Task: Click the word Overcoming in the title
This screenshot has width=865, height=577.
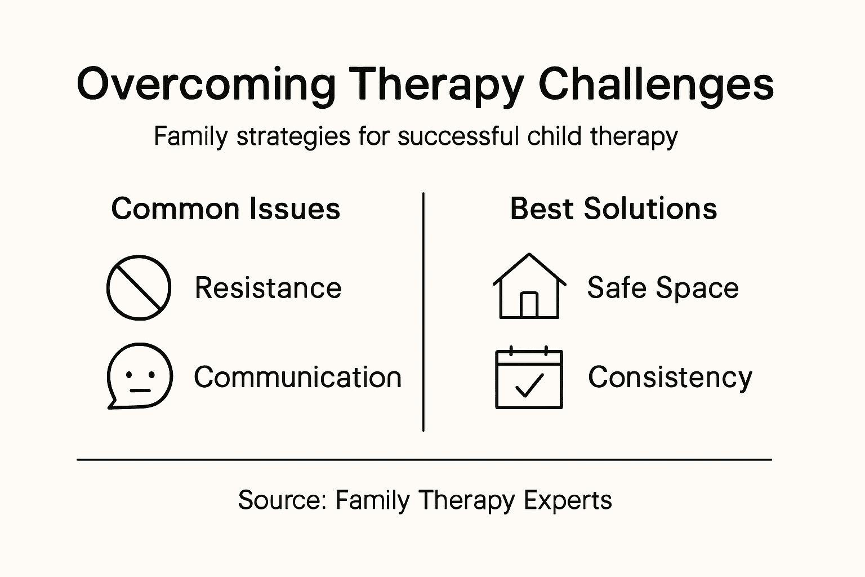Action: tap(206, 85)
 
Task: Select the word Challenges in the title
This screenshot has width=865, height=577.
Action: tap(656, 85)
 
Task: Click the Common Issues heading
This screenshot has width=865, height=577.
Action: tap(225, 209)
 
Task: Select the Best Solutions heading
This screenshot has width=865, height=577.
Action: tap(613, 209)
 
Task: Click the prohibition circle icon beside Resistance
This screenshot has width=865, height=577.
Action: tap(139, 288)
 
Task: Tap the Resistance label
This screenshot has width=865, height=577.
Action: tap(268, 288)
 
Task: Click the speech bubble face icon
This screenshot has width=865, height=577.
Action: tap(139, 375)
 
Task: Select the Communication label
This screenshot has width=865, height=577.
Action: tap(297, 377)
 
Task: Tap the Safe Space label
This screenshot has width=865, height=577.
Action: tap(663, 288)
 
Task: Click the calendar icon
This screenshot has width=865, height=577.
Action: tap(529, 378)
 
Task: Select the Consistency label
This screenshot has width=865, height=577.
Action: tap(670, 377)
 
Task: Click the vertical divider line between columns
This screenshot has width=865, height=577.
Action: tap(423, 313)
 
